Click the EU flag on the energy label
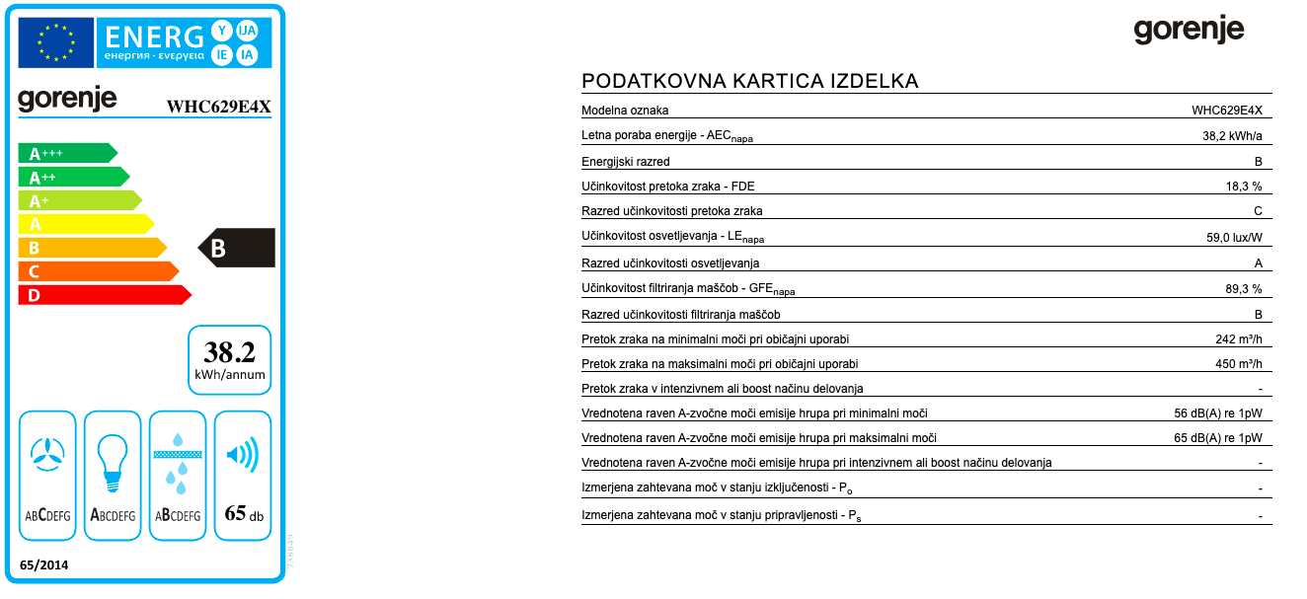tap(55, 42)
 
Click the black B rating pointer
tap(236, 248)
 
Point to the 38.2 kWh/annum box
tap(230, 360)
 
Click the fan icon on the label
tap(47, 453)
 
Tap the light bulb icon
tap(113, 459)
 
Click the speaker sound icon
tap(242, 456)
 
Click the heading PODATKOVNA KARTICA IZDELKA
tap(750, 81)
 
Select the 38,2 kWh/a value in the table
tap(1232, 136)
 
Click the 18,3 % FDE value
tap(1243, 186)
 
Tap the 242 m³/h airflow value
tap(1239, 339)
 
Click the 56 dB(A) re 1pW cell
tap(1217, 413)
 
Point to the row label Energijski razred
tap(626, 162)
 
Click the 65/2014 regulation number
tap(44, 564)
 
